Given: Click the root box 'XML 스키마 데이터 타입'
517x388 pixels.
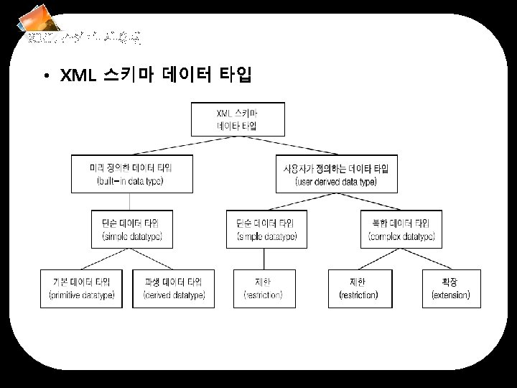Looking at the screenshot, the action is pyautogui.click(x=238, y=119).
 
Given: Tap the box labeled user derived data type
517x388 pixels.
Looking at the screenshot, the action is pyautogui.click(x=336, y=174).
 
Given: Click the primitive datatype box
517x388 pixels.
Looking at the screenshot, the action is pyautogui.click(x=81, y=288).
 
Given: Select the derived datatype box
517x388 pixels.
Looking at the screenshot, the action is pyautogui.click(x=174, y=288).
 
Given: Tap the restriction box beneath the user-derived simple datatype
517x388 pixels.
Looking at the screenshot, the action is pyautogui.click(x=263, y=288).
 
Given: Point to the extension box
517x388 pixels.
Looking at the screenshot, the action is pyautogui.click(x=450, y=288).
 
